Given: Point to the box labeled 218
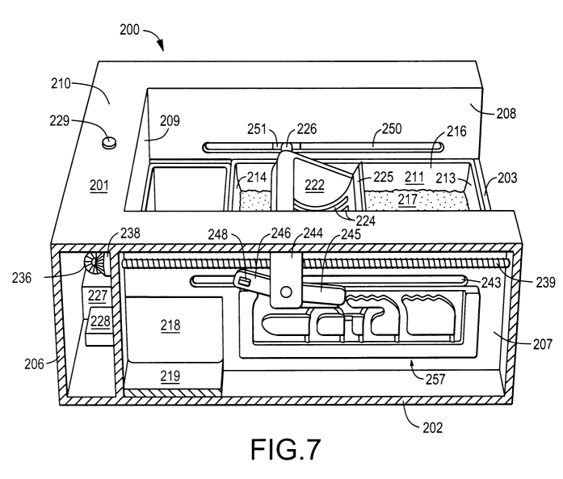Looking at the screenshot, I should pyautogui.click(x=170, y=326).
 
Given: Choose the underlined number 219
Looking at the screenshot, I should pyautogui.click(x=170, y=376).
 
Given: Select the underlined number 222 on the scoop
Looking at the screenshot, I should pyautogui.click(x=315, y=184).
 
